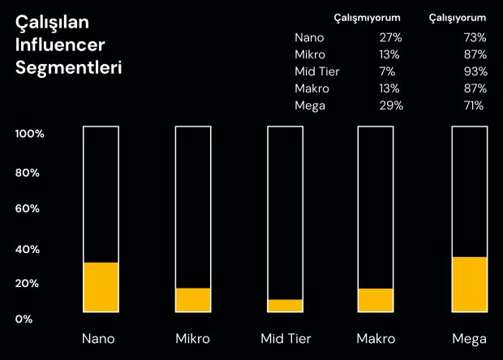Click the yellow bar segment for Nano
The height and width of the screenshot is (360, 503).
[x=101, y=287]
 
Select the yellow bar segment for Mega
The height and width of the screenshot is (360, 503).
[x=470, y=285]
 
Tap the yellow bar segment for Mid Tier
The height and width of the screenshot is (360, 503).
[x=286, y=306]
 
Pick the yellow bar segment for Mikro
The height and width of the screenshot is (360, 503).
[x=193, y=300]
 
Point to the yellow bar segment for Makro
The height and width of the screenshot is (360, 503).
[x=376, y=300]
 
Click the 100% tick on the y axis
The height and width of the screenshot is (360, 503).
[x=29, y=134]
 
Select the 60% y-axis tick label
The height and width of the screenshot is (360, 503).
[x=28, y=208]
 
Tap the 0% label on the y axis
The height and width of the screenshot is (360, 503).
[x=24, y=319]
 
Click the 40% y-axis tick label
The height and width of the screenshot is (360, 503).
[x=28, y=249]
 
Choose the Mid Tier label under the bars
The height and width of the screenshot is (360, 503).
[x=286, y=339]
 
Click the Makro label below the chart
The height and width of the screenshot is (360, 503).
[x=376, y=339]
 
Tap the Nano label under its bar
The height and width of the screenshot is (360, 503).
[x=98, y=339]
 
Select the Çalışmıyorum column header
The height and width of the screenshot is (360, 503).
[x=367, y=18]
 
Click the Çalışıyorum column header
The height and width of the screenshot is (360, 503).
[x=458, y=18]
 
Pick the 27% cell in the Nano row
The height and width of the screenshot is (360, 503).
[x=391, y=37]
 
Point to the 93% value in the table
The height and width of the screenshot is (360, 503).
[x=475, y=71]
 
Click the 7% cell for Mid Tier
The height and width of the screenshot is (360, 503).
[x=387, y=71]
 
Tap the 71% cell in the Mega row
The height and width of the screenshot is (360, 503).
[x=474, y=105]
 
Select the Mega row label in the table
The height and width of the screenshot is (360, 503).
[x=310, y=105]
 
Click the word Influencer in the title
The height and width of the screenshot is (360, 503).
[x=60, y=45]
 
